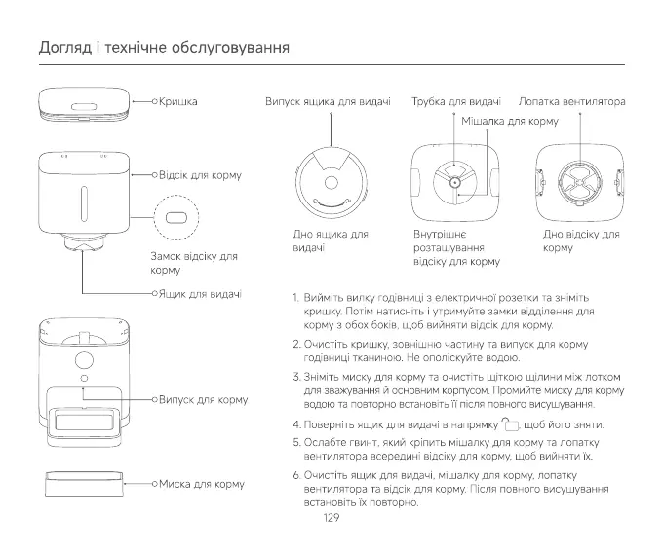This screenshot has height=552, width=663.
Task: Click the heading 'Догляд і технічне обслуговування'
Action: (165, 48)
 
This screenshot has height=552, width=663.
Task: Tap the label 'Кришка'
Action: (178, 101)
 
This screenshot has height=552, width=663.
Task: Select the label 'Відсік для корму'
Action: (200, 175)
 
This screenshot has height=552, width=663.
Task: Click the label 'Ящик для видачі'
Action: (200, 292)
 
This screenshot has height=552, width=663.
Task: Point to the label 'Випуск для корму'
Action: (203, 399)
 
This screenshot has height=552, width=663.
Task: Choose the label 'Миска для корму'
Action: (201, 483)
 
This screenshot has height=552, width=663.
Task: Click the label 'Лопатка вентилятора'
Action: (571, 101)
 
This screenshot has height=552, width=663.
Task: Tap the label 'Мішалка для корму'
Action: (509, 122)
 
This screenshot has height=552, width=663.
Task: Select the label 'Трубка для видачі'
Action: (456, 101)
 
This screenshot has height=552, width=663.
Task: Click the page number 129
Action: (331, 519)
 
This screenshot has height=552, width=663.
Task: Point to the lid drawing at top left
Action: (85, 102)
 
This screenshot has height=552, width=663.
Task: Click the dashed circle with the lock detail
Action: (176, 216)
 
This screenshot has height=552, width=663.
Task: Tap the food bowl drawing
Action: (84, 484)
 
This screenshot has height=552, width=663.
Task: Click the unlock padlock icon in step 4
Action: (511, 423)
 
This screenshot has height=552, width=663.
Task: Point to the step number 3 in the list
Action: (295, 376)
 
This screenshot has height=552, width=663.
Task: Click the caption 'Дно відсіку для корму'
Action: (581, 241)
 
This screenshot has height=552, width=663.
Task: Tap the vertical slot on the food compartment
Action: (85, 204)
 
